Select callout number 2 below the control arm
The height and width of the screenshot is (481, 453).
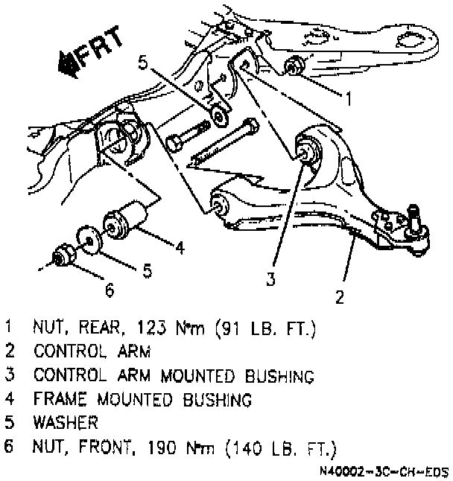340,297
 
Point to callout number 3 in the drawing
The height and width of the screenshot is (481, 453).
271,279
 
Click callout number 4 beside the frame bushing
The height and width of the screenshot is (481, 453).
180,249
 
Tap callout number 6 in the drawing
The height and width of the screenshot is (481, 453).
110,290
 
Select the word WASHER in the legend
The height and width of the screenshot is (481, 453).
65,423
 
